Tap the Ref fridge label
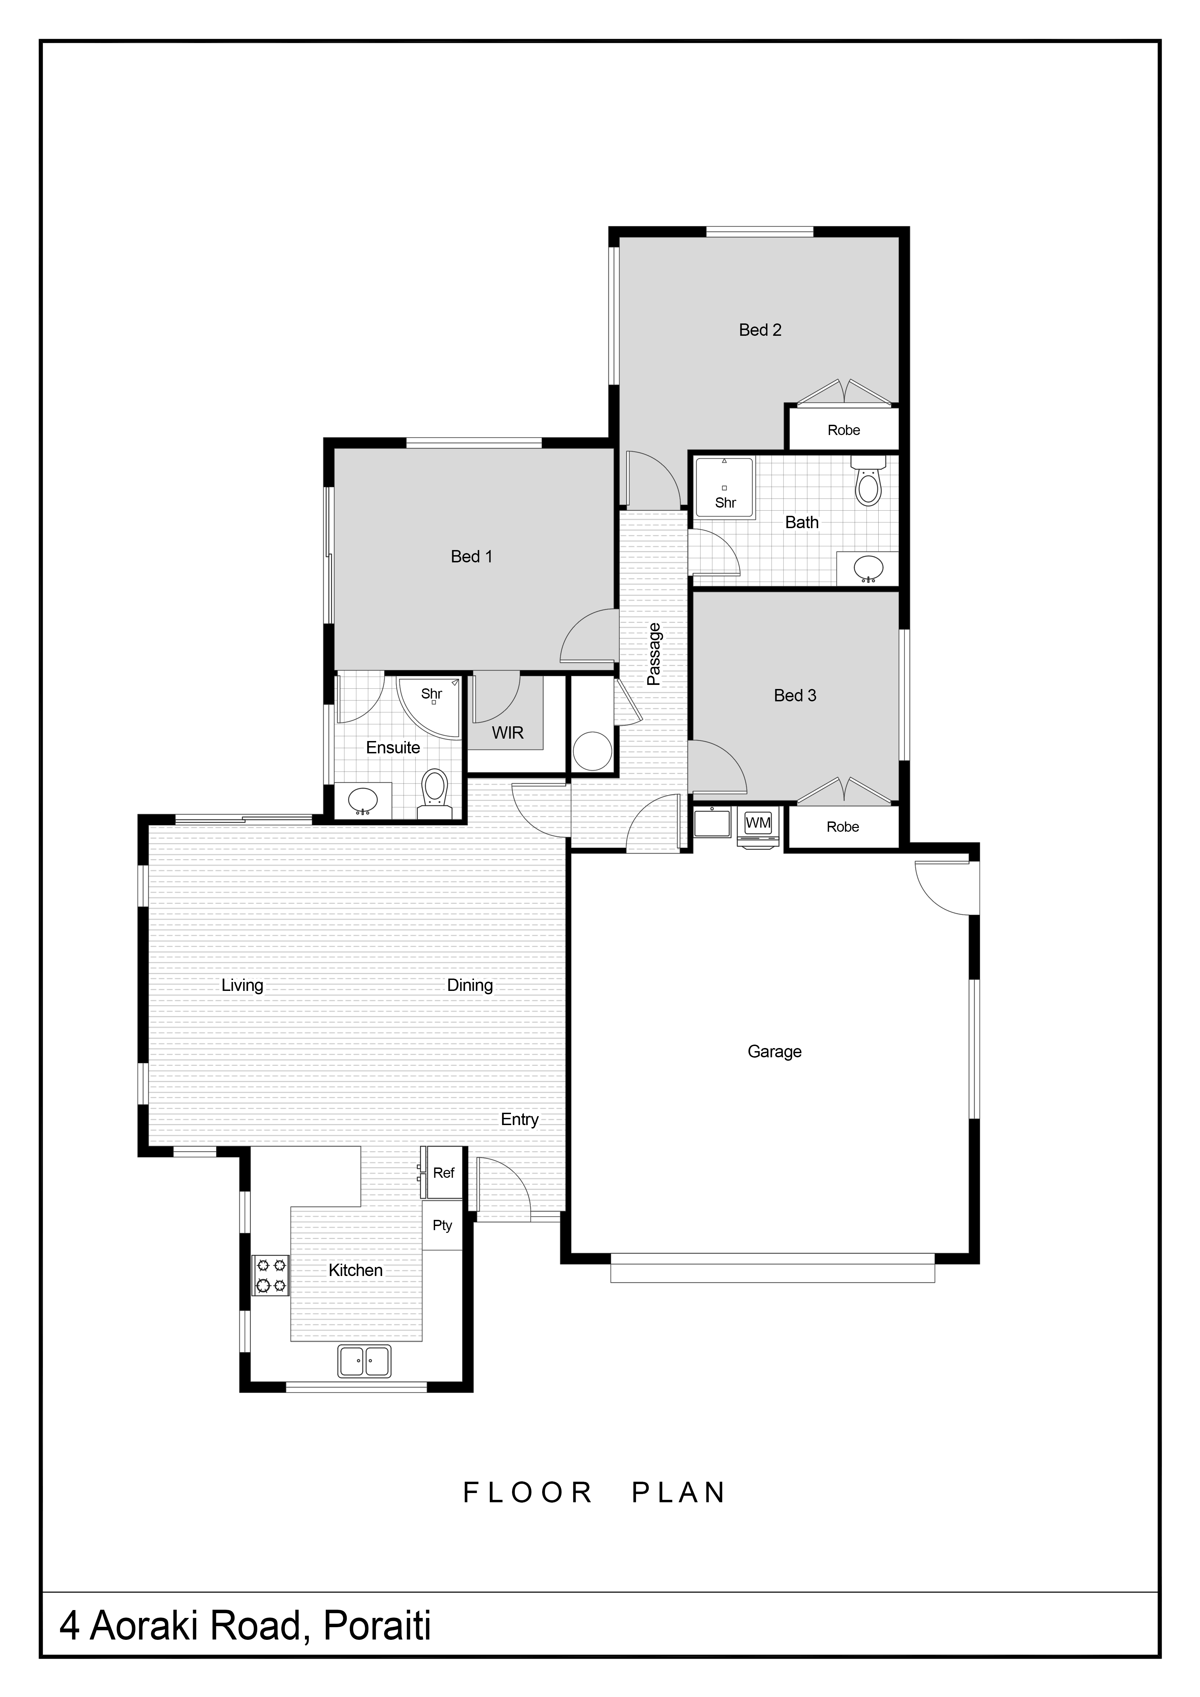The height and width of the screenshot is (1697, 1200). coord(443,1173)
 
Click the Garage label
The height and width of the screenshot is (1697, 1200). coord(774,1052)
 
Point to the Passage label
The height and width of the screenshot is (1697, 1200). coord(653,654)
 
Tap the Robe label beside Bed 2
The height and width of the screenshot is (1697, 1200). coord(844,430)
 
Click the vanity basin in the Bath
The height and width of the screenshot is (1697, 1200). coord(868,569)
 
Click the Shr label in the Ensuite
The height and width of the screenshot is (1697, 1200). coord(432,694)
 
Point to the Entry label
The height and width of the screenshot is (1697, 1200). coord(520,1120)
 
